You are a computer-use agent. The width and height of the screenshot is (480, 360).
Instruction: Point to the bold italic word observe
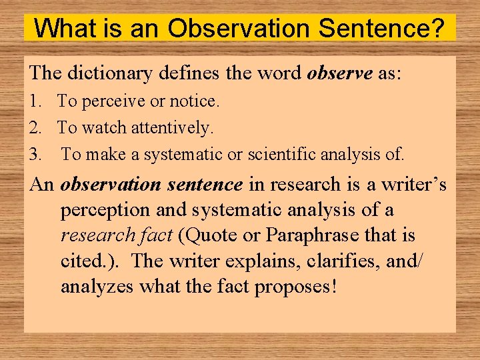pyautogui.click(x=340, y=73)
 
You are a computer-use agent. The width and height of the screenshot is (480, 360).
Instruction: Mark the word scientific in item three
pyautogui.click(x=283, y=155)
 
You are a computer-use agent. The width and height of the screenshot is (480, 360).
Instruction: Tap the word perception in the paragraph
pyautogui.click(x=106, y=211)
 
